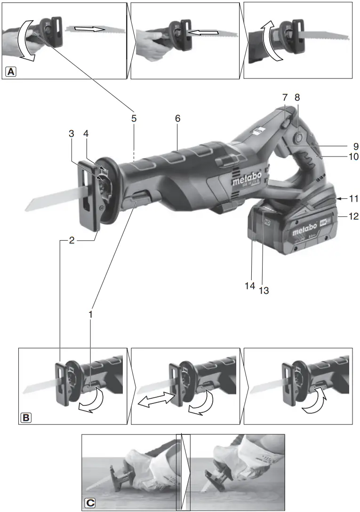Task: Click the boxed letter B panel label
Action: (x=26, y=417)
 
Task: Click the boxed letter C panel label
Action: (x=90, y=503)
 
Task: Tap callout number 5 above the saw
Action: (x=134, y=118)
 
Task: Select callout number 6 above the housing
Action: (x=177, y=118)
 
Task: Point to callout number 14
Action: (x=250, y=285)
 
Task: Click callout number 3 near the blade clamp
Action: (x=72, y=134)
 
